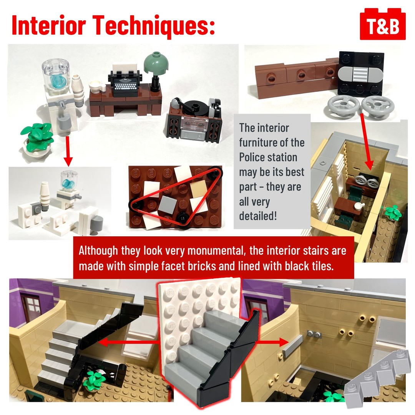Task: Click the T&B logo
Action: click(x=383, y=24)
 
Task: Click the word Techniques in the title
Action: click(x=153, y=25)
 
